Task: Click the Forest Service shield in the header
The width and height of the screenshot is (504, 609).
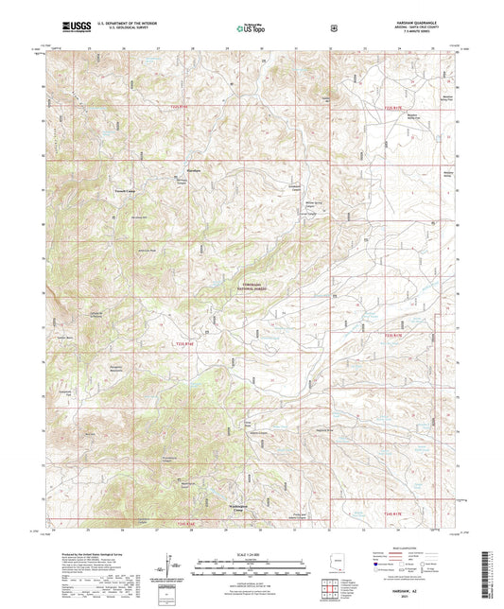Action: [x=333, y=27]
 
